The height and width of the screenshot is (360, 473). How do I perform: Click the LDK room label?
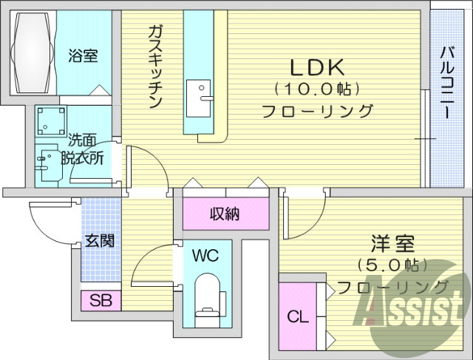click(316, 67)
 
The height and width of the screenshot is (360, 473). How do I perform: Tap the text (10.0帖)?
click(316, 89)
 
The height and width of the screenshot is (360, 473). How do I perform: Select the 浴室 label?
click(83, 55)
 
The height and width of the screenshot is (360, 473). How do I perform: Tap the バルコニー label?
click(446, 81)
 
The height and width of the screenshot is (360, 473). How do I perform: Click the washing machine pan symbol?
click(52, 120)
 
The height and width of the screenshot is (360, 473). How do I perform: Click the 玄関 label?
click(99, 240)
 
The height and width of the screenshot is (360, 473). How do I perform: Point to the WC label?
click(205, 257)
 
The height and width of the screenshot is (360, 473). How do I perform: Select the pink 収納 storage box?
click(225, 214)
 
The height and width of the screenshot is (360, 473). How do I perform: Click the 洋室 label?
click(392, 242)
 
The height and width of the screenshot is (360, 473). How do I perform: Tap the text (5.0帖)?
click(388, 264)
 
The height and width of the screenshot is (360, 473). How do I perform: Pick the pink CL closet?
click(297, 316)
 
